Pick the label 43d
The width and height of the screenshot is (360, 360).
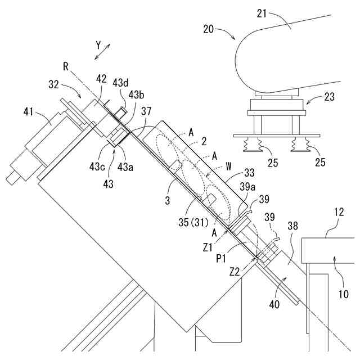(x=121, y=82)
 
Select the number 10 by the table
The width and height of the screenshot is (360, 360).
(x=343, y=294)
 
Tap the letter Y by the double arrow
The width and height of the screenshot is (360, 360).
(x=97, y=43)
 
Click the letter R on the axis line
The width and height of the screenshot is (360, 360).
(x=66, y=66)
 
